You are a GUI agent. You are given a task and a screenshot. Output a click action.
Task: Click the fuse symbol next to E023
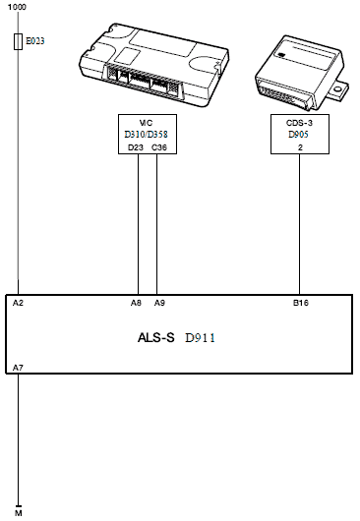[x=19, y=41]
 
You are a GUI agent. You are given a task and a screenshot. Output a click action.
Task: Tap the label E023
[x=34, y=41]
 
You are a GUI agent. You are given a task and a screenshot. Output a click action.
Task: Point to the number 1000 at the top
[x=17, y=7]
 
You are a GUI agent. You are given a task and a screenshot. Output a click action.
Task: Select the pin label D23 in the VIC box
[x=136, y=147]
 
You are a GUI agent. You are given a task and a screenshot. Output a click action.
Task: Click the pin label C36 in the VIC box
[x=159, y=147]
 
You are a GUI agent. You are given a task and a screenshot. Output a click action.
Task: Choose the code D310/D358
[x=146, y=135]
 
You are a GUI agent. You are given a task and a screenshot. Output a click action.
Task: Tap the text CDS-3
[x=299, y=123]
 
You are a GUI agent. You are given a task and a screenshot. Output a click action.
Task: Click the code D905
[x=298, y=135]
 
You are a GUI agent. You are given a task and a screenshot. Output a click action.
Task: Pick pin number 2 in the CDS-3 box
[x=300, y=147]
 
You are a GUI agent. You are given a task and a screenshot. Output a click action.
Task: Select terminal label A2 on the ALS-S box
[x=18, y=303]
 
